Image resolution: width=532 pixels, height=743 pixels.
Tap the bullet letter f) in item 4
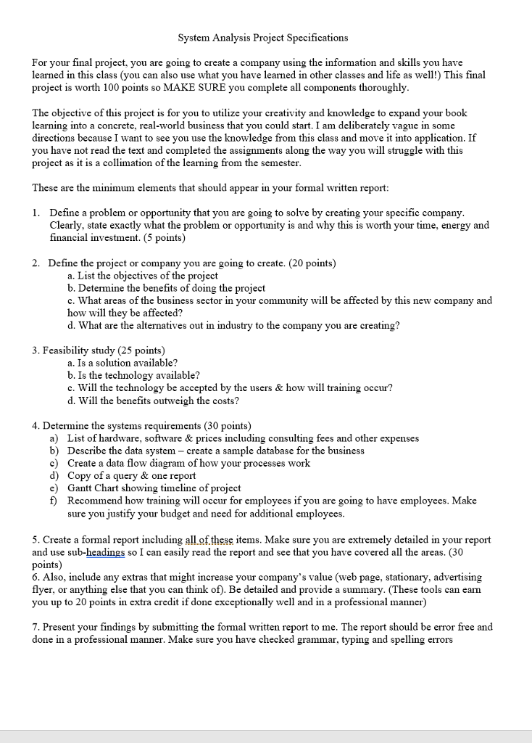pyautogui.click(x=54, y=500)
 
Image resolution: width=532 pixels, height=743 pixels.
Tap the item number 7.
pyautogui.click(x=36, y=627)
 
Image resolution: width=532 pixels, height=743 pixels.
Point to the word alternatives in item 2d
pyautogui.click(x=151, y=325)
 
